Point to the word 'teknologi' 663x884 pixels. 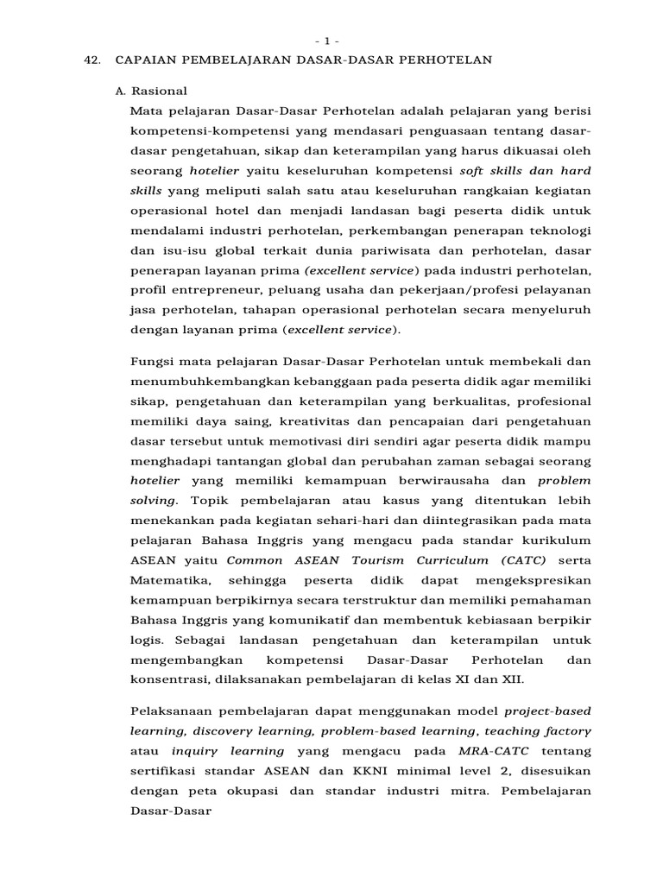(559, 230)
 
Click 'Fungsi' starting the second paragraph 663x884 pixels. (150, 361)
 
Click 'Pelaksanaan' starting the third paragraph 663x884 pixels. (172, 711)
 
